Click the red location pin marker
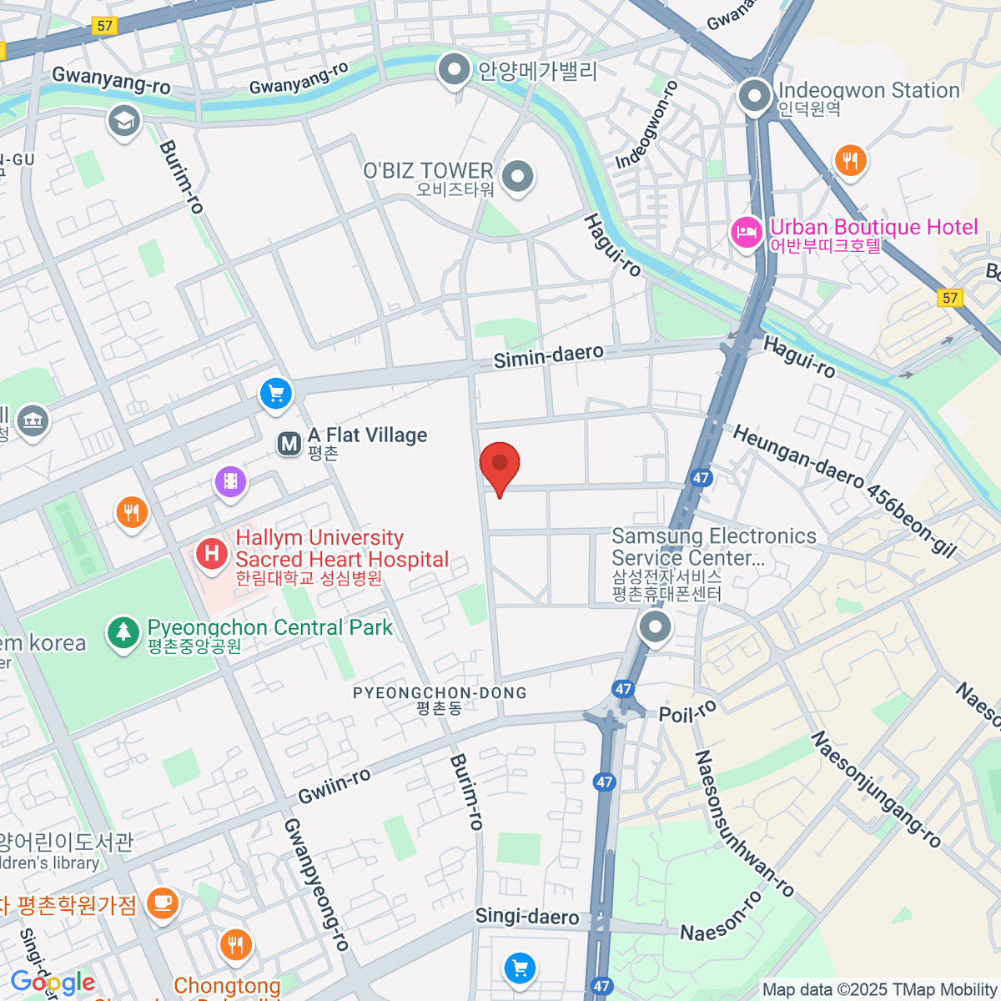click(x=500, y=464)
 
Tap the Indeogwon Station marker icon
click(x=755, y=96)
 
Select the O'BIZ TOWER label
click(x=428, y=171)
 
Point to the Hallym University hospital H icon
click(x=212, y=553)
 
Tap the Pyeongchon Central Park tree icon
click(x=123, y=632)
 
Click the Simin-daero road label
click(x=548, y=356)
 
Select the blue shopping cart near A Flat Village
click(x=275, y=393)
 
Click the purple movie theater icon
click(x=230, y=481)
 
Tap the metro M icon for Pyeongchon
click(x=289, y=444)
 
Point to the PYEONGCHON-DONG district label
click(x=440, y=693)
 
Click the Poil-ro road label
click(x=687, y=712)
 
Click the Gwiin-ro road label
click(x=335, y=786)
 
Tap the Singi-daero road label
click(x=526, y=916)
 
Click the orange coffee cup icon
click(x=162, y=903)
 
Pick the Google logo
click(x=53, y=983)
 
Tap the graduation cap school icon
click(x=124, y=121)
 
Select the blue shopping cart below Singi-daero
click(x=521, y=968)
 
